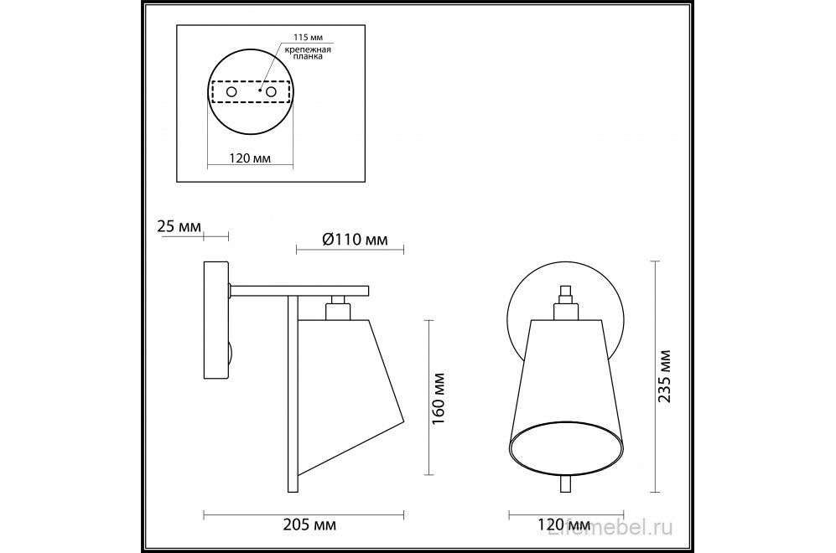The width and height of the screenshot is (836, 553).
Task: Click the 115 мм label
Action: [309, 38]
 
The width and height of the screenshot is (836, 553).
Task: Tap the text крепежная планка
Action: [307, 53]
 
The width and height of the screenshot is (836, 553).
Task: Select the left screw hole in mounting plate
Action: [231, 91]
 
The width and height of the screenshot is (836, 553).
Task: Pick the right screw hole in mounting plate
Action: [272, 91]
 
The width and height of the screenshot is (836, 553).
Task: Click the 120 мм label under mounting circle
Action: [250, 158]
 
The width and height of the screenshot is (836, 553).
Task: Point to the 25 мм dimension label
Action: [179, 226]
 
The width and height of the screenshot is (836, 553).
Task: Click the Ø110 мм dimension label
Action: [355, 239]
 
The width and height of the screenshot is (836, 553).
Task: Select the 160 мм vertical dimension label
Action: [439, 399]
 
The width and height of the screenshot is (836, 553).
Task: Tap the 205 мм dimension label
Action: [309, 525]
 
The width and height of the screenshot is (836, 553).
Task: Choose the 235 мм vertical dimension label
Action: [664, 376]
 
